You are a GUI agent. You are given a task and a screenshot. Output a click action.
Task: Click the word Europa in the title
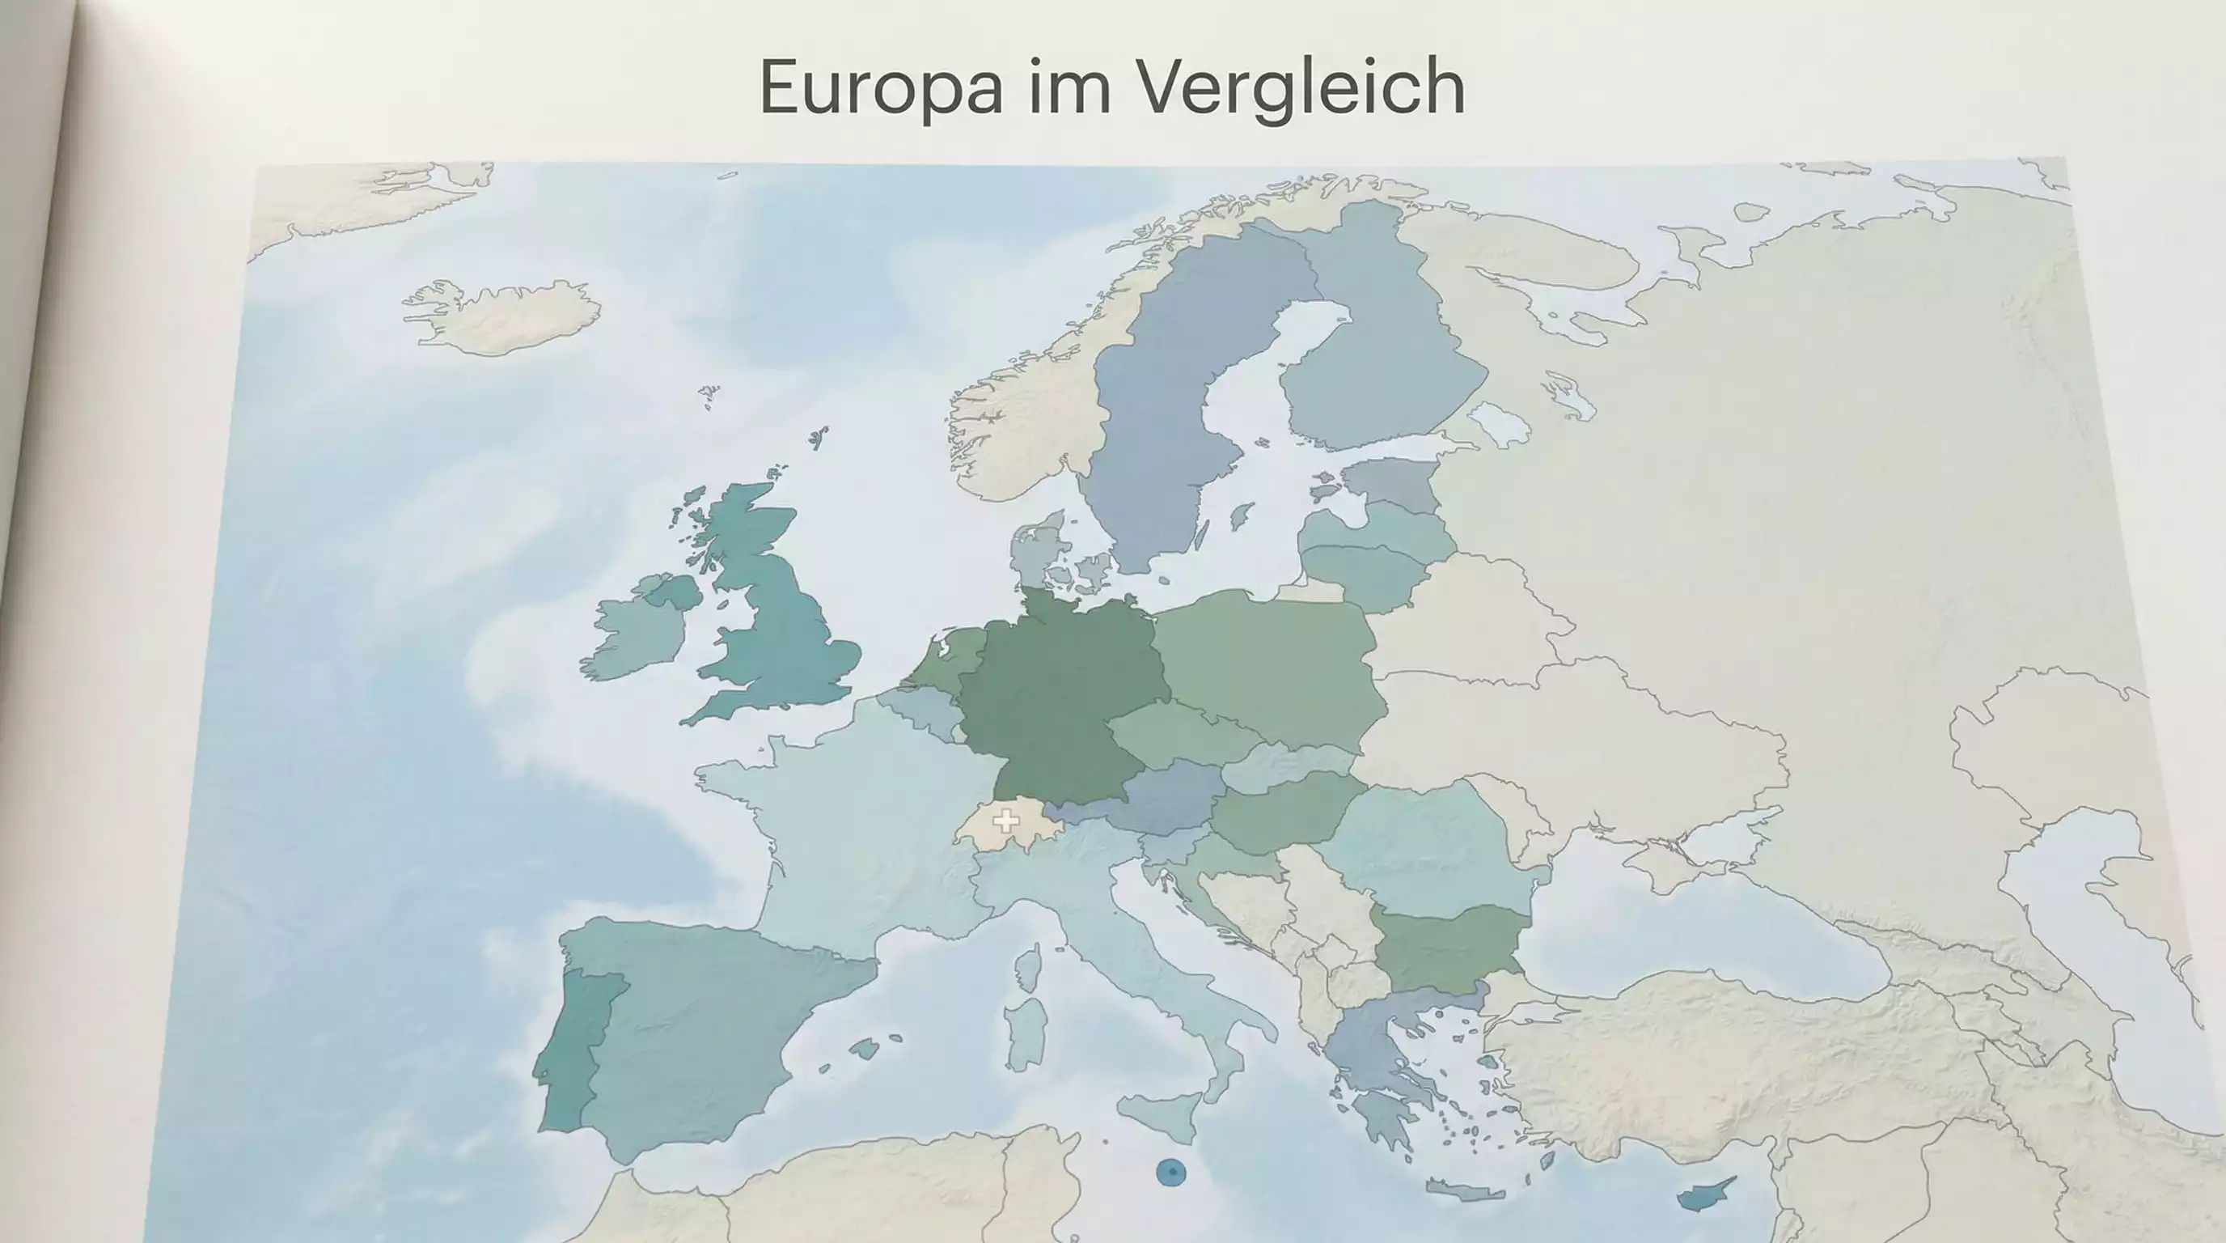click(x=881, y=87)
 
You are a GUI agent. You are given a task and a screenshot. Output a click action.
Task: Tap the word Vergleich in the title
click(x=1300, y=87)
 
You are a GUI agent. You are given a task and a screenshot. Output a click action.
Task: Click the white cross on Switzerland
click(x=1005, y=821)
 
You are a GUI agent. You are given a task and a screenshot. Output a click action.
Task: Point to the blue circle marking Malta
click(x=1171, y=1172)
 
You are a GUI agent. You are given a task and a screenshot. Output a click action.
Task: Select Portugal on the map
click(x=579, y=1046)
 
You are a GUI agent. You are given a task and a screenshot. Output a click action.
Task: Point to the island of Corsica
click(x=1027, y=968)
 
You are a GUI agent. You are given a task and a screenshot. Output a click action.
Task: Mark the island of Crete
click(x=1466, y=1191)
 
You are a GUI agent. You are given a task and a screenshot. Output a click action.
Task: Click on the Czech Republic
click(x=1179, y=731)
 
